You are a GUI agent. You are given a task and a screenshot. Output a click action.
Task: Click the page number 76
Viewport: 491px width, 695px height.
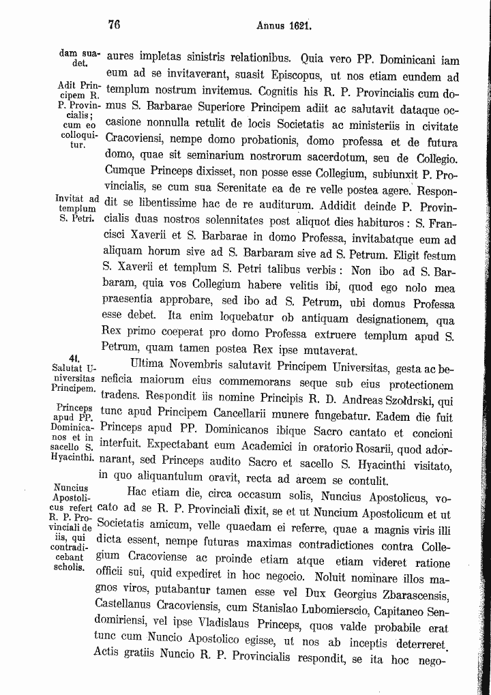[114, 25]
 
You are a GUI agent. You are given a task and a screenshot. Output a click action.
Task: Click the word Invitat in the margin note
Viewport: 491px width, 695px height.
[71, 198]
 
